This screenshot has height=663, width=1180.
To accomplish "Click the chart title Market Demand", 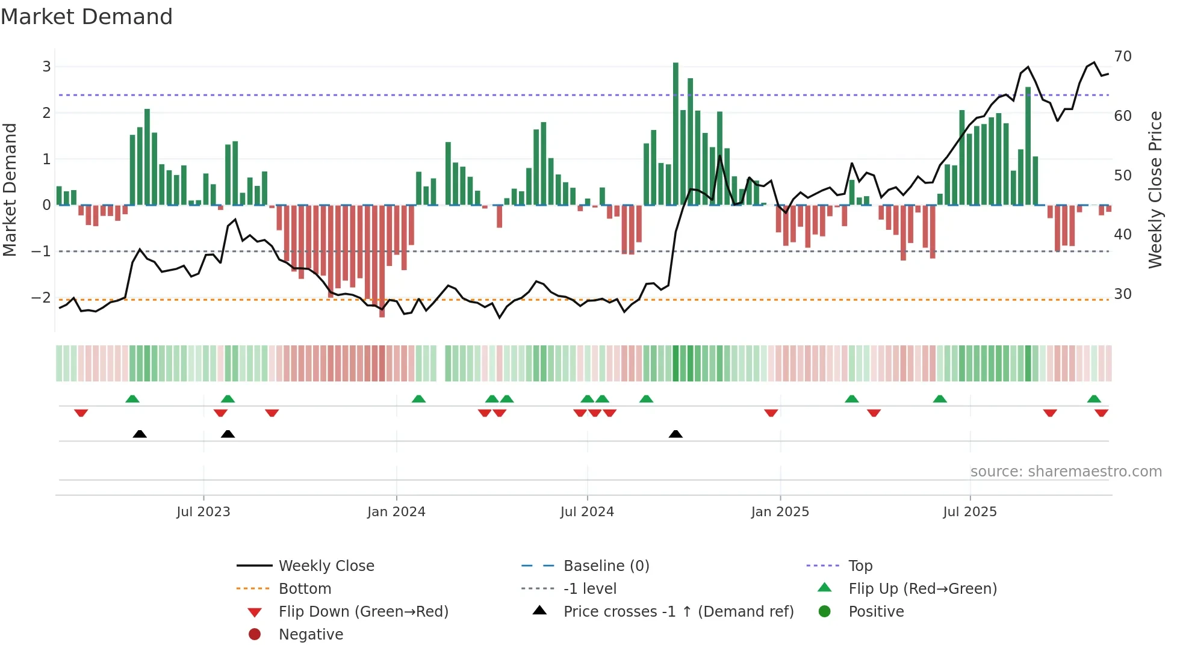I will pyautogui.click(x=87, y=17).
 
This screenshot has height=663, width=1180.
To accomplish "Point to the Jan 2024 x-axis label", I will pyautogui.click(x=396, y=512).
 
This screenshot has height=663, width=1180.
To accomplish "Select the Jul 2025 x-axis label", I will pyautogui.click(x=970, y=512).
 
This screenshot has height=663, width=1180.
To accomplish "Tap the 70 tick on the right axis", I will pyautogui.click(x=1122, y=57).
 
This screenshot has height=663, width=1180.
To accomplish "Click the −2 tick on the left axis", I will pyautogui.click(x=41, y=297).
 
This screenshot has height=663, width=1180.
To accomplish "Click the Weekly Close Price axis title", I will pyautogui.click(x=1155, y=190).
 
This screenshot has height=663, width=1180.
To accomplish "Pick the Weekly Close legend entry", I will pyautogui.click(x=326, y=566).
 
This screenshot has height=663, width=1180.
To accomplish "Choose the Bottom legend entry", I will pyautogui.click(x=305, y=589).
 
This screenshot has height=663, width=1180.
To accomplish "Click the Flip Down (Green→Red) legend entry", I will pyautogui.click(x=363, y=612).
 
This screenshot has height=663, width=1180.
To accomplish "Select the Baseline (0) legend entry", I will pyautogui.click(x=606, y=566).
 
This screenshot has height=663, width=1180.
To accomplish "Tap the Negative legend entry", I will pyautogui.click(x=311, y=635).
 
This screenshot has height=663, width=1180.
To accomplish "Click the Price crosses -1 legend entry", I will pyautogui.click(x=678, y=612).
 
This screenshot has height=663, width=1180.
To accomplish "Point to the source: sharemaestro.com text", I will pyautogui.click(x=1066, y=472).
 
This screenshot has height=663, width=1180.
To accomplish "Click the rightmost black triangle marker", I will pyautogui.click(x=675, y=434).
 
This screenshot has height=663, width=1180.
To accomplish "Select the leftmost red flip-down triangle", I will pyautogui.click(x=81, y=413).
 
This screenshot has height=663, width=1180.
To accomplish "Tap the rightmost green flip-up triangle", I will pyautogui.click(x=1094, y=399).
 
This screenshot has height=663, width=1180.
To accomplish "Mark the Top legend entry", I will pyautogui.click(x=860, y=566).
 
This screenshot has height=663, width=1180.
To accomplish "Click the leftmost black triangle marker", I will pyautogui.click(x=140, y=434).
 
